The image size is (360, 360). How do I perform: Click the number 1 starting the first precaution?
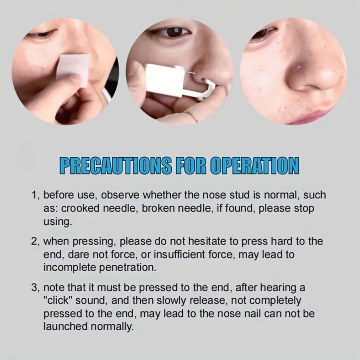[x=35, y=196]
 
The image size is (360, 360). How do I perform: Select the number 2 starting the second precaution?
[x=35, y=242]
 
